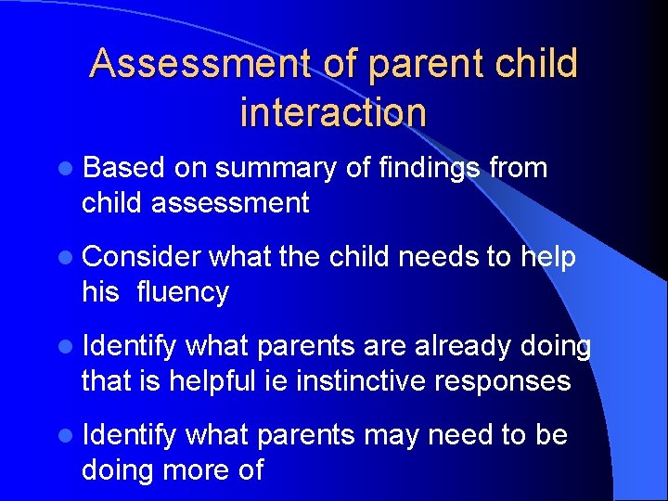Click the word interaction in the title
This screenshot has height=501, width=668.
point(333,112)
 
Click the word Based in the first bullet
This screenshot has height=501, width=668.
point(123,168)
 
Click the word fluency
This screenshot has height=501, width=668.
point(182,291)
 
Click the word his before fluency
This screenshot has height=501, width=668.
point(101,291)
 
